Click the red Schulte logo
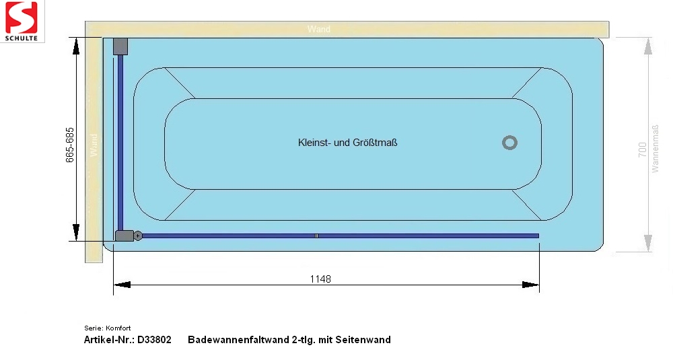tap(22, 21)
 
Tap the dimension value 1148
tap(320, 279)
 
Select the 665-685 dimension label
tap(70, 145)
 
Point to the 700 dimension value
tap(642, 150)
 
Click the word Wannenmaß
tap(655, 149)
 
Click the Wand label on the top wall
tap(319, 29)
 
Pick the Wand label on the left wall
tap(94, 145)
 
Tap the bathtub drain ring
tap(509, 143)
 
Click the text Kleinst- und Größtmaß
tap(348, 143)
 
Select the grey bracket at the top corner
tap(120, 46)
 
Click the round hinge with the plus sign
tap(138, 236)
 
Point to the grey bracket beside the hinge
tap(125, 236)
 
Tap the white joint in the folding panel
tap(316, 236)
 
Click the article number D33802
tap(154, 340)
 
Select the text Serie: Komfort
tap(107, 328)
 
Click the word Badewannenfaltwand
tap(239, 340)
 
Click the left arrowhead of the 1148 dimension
tap(122, 285)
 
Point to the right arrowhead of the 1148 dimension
tap(530, 285)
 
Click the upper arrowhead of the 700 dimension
tap(648, 46)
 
